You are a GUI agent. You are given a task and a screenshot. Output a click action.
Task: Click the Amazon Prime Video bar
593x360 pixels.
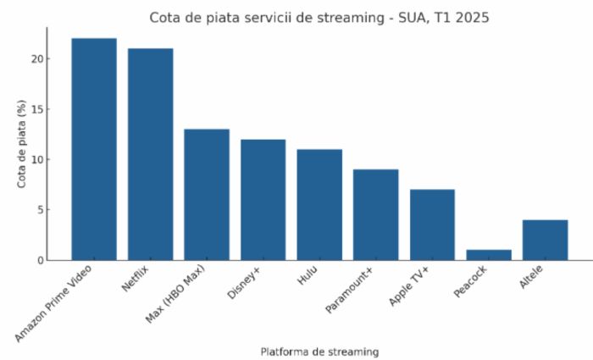(x=94, y=149)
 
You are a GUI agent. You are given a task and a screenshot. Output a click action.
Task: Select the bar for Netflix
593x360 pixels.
(x=150, y=154)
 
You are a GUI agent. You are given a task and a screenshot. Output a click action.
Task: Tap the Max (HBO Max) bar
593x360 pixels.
(x=207, y=195)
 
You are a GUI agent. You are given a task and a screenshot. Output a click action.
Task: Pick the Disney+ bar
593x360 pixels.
(x=263, y=200)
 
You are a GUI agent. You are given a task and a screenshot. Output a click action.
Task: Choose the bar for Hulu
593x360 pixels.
(x=319, y=205)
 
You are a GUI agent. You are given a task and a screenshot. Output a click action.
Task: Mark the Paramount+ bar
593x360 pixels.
(x=375, y=215)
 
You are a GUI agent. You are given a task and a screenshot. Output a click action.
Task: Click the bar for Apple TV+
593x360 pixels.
(x=432, y=224)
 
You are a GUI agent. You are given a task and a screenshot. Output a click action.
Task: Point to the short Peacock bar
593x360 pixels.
(x=489, y=255)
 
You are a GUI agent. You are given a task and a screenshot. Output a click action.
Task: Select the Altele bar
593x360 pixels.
(x=545, y=240)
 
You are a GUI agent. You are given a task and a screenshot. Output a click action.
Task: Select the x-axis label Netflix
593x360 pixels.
(x=136, y=279)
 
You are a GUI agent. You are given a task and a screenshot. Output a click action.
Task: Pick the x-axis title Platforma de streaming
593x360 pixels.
(x=319, y=351)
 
